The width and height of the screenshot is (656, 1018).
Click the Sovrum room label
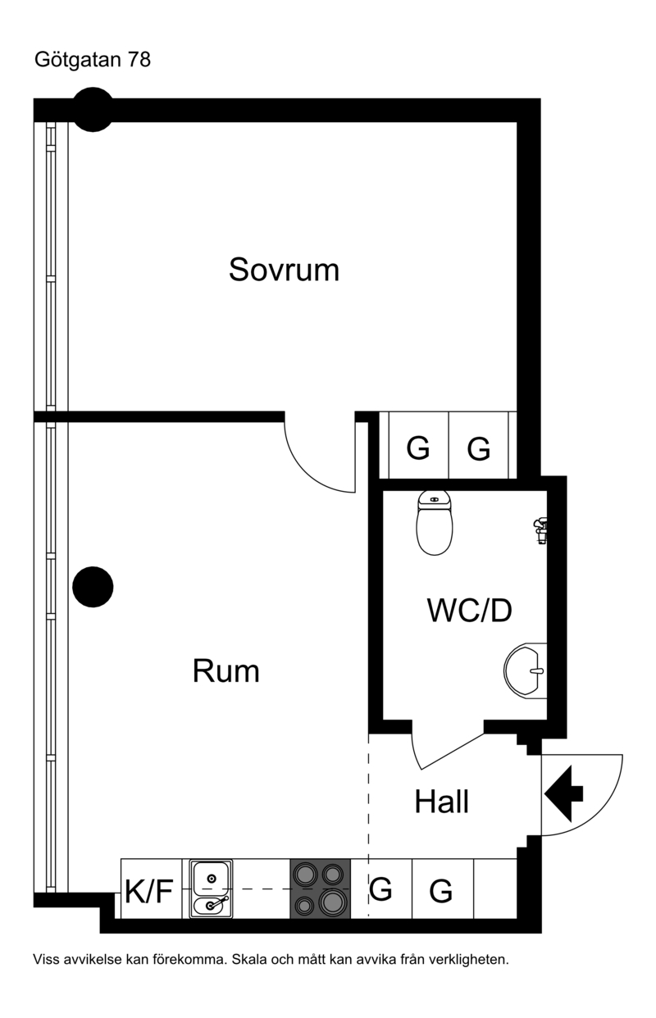click(x=284, y=270)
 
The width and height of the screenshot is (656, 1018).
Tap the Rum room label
click(x=225, y=671)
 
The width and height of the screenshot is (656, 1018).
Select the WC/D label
click(x=469, y=611)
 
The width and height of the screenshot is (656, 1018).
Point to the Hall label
click(x=441, y=802)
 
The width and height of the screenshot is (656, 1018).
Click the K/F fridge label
click(x=148, y=890)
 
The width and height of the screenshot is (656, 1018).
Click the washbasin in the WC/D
click(x=525, y=670)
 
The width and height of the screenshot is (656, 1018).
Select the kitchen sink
click(x=212, y=889)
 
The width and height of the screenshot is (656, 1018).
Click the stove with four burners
click(x=321, y=888)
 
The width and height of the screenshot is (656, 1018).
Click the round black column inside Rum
click(x=93, y=586)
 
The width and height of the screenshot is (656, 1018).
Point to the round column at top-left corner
click(x=93, y=111)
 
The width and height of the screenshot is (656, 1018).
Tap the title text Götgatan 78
click(x=93, y=60)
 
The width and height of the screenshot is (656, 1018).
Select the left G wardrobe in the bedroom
click(x=418, y=448)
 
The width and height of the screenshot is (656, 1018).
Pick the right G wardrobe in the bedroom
click(x=479, y=448)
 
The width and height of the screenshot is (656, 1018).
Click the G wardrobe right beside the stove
click(x=381, y=888)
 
